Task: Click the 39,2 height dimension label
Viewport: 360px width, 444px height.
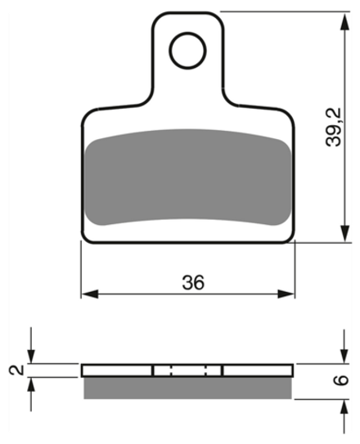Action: click(334, 128)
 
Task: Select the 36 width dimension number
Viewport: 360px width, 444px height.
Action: click(193, 282)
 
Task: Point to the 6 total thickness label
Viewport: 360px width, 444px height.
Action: click(340, 380)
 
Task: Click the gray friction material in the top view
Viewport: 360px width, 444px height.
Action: click(188, 177)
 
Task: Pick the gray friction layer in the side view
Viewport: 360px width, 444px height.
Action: click(187, 388)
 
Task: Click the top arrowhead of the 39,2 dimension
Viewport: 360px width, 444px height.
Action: click(344, 22)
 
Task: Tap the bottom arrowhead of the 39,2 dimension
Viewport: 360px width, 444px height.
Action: click(344, 233)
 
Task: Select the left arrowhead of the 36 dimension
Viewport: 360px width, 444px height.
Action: click(90, 294)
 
